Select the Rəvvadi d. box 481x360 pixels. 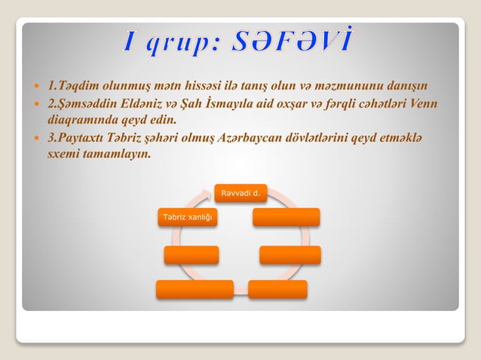pyautogui.click(x=240, y=195)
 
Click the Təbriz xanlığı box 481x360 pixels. pyautogui.click(x=186, y=218)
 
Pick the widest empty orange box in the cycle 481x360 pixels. pyautogui.click(x=195, y=289)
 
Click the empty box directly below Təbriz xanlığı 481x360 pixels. pyautogui.click(x=191, y=255)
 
